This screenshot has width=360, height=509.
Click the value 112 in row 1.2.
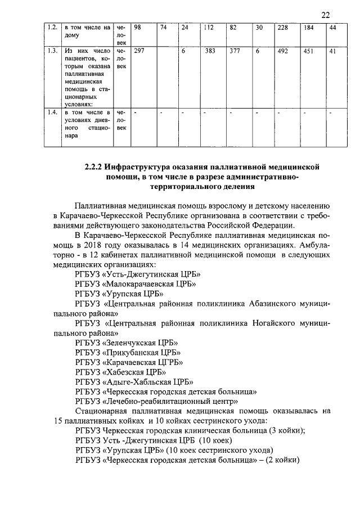(x=210, y=28)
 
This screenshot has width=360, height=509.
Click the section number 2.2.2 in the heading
(x=94, y=167)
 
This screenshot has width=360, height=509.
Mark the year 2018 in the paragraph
(x=102, y=245)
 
